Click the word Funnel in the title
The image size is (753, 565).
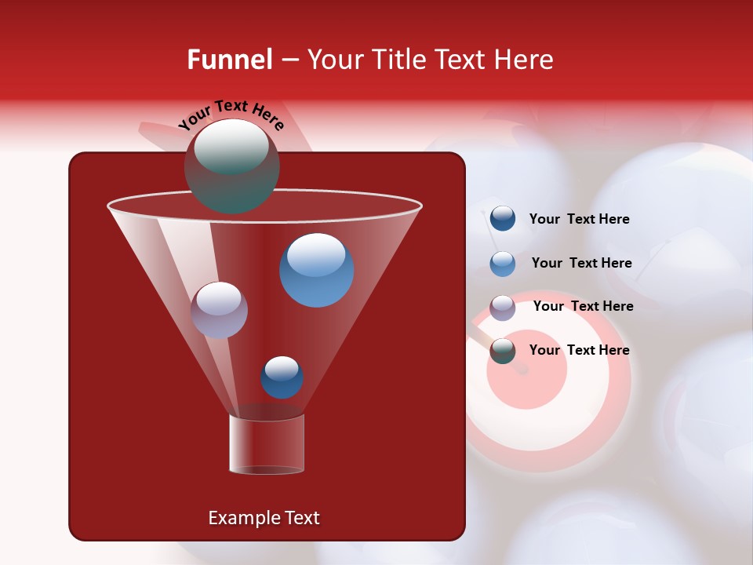click(229, 60)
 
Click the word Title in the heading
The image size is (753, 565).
click(398, 60)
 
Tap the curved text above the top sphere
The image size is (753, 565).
click(231, 115)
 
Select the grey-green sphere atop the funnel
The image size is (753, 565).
click(231, 166)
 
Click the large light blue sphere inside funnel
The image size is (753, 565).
click(316, 269)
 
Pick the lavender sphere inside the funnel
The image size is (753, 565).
click(219, 310)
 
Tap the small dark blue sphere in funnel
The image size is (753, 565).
click(282, 377)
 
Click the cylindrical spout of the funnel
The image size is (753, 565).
click(267, 444)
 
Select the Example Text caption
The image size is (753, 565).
click(264, 518)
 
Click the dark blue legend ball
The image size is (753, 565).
click(503, 219)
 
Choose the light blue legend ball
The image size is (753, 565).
click(503, 264)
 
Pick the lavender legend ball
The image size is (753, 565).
click(503, 308)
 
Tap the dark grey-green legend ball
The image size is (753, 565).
click(503, 351)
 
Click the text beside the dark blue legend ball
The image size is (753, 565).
click(579, 220)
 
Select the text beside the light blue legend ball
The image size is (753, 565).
click(581, 264)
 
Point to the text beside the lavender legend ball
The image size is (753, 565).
click(583, 307)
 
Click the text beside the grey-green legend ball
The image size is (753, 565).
click(579, 351)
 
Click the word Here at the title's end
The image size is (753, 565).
click(525, 60)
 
